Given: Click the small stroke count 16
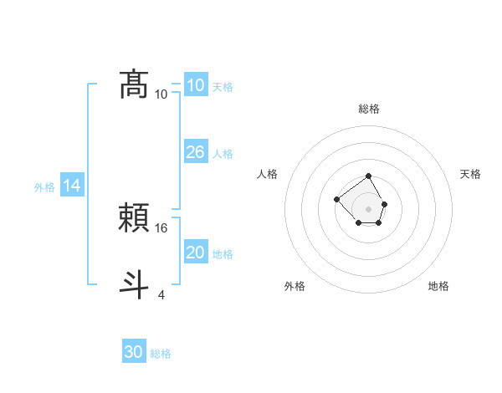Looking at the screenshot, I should [x=162, y=227].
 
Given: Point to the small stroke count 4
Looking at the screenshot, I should [x=161, y=294].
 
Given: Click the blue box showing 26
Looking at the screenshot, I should [x=195, y=152].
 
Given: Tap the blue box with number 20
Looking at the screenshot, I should [x=195, y=253].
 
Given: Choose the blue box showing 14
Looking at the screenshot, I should [x=72, y=186].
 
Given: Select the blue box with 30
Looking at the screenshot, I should [x=134, y=352].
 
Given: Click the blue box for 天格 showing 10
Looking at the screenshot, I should [x=195, y=85].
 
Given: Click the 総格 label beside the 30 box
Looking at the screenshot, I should [x=161, y=354].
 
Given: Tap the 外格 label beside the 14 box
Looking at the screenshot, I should [x=44, y=187].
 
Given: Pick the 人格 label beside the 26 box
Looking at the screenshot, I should [x=223, y=154].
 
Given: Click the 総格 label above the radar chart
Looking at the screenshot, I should [x=369, y=109].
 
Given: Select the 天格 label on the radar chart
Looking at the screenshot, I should [x=471, y=174].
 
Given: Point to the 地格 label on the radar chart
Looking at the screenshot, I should [x=438, y=286].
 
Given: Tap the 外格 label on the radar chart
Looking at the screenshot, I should [x=295, y=286].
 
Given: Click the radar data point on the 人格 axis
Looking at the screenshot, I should [x=336, y=199].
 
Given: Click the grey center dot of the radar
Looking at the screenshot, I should [x=369, y=208].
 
